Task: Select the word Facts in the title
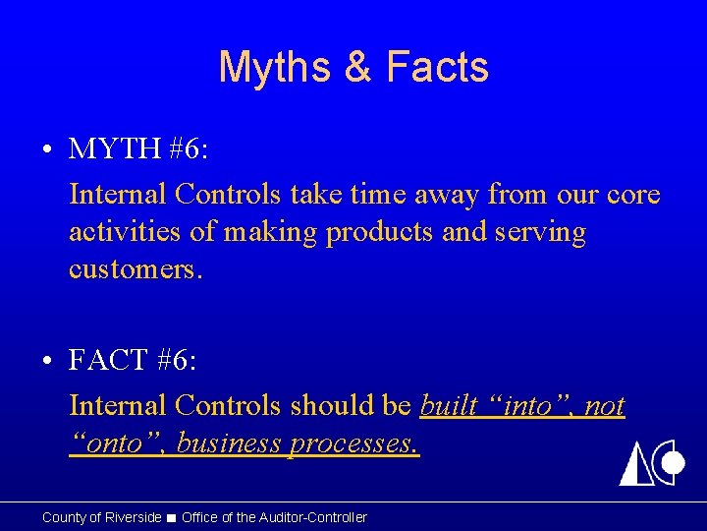click(x=437, y=68)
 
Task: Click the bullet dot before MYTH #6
click(x=47, y=150)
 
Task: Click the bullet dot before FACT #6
click(x=47, y=362)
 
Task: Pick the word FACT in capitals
click(x=109, y=361)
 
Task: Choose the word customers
click(x=136, y=269)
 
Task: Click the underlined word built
click(x=448, y=405)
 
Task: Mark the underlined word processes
click(x=354, y=443)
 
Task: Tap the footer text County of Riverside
click(x=101, y=517)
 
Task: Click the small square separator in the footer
click(x=172, y=517)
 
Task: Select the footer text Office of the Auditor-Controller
click(x=274, y=517)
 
